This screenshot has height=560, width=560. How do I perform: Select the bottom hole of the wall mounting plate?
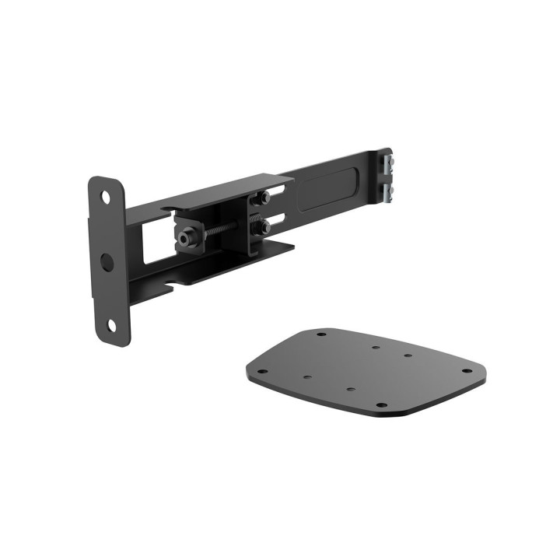pyautogui.click(x=111, y=325)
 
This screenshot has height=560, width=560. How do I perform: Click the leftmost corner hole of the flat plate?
pyautogui.click(x=262, y=371)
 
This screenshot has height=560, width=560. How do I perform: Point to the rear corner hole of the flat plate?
pyautogui.click(x=320, y=334)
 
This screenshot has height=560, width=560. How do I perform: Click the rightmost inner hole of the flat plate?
pyautogui.click(x=408, y=357)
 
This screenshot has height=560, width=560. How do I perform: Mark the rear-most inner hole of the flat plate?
pyautogui.click(x=374, y=348)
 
